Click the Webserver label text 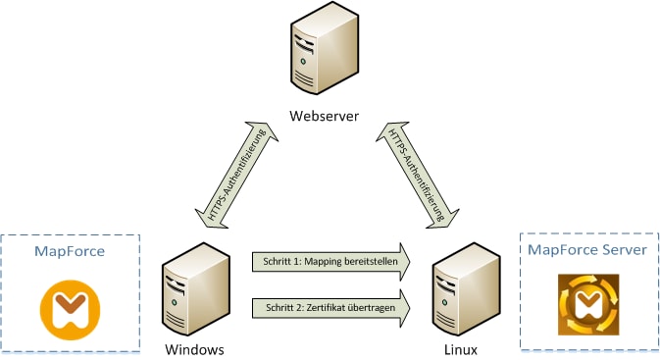[324, 117]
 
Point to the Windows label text [196, 349]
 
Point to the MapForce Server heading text [586, 250]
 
